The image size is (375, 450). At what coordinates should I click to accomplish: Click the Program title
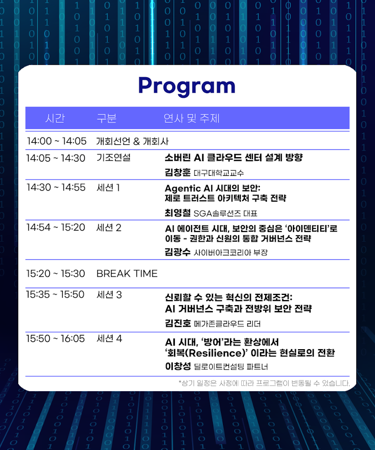click(x=187, y=86)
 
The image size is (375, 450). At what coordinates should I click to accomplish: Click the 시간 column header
click(x=55, y=118)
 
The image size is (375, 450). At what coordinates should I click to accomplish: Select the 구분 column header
click(x=106, y=118)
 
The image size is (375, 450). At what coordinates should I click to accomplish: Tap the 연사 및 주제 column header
click(x=192, y=118)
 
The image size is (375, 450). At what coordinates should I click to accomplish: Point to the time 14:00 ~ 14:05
click(x=57, y=141)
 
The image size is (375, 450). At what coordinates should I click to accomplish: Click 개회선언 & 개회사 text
click(x=132, y=141)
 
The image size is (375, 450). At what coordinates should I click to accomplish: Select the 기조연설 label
click(x=114, y=157)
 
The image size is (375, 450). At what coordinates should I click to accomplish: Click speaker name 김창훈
click(x=177, y=172)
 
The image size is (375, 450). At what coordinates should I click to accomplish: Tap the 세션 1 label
click(x=108, y=188)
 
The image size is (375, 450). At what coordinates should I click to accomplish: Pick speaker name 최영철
click(x=177, y=213)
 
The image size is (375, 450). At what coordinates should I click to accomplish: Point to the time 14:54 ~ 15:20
click(x=56, y=228)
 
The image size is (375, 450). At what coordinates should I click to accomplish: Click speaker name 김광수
click(x=177, y=252)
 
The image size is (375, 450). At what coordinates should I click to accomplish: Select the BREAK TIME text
click(x=127, y=274)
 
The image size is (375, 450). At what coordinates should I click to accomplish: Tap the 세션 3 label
click(x=109, y=295)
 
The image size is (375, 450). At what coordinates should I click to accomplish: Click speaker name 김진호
click(x=178, y=323)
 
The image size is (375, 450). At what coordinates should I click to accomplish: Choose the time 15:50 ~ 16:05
click(x=55, y=339)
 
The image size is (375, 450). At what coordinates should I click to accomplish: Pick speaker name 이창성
click(x=178, y=366)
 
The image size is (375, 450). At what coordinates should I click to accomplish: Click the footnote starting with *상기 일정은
click(x=264, y=383)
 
